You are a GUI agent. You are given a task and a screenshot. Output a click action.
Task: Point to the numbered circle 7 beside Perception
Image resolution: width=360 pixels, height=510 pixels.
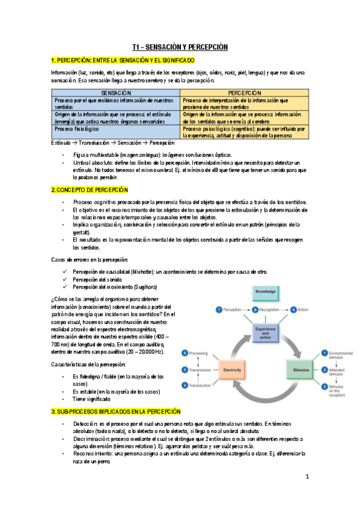(x=219, y=309)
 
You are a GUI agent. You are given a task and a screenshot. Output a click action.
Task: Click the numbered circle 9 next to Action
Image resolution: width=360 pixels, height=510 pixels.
(x=293, y=309)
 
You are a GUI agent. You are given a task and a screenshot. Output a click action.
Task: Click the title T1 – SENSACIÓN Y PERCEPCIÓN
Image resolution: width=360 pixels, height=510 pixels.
(x=180, y=46)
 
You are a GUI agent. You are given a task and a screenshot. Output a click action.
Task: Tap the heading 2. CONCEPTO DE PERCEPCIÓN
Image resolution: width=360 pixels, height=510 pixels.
(x=89, y=190)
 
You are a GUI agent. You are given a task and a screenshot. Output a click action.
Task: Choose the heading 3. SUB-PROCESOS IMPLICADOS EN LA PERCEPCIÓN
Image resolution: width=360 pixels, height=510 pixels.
(x=115, y=411)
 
